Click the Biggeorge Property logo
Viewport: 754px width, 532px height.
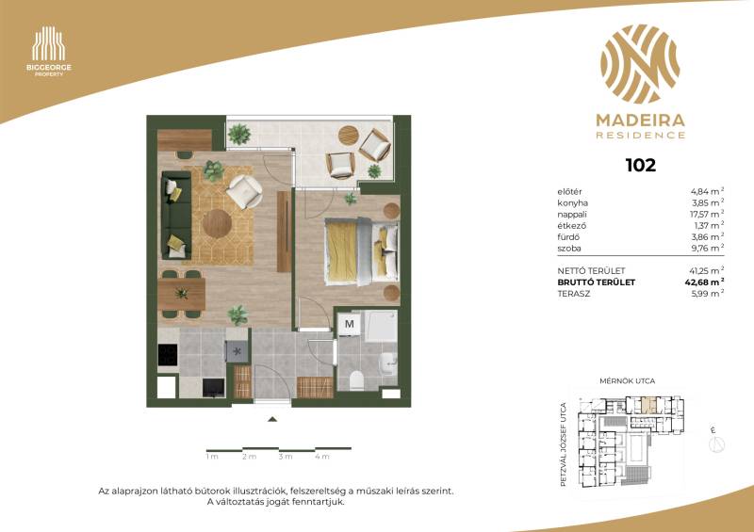[x=49, y=52]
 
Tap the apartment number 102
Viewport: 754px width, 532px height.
[x=641, y=166]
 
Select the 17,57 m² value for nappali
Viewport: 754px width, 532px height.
[x=707, y=214]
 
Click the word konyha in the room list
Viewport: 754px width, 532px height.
[x=572, y=202]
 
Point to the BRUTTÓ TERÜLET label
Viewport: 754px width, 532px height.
[x=596, y=282]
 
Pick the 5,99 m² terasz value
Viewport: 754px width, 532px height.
[x=708, y=294]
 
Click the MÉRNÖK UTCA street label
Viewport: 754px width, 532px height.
[x=627, y=381]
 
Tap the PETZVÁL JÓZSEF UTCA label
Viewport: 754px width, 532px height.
[x=564, y=444]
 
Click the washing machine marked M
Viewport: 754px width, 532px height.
[x=349, y=325]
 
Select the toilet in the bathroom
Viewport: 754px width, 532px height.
[x=357, y=380]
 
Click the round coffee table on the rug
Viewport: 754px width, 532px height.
[x=217, y=223]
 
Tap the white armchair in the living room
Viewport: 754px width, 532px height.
[x=245, y=191]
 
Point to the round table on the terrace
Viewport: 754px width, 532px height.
[x=348, y=136]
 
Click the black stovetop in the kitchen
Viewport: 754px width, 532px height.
[x=168, y=355]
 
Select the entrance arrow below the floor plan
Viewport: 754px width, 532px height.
[x=272, y=419]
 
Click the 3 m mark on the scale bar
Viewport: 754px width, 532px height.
[x=286, y=456]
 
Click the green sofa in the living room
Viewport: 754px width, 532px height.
[x=176, y=215]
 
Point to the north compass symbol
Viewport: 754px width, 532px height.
[x=716, y=443]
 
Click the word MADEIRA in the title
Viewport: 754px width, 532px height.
[x=641, y=121]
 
